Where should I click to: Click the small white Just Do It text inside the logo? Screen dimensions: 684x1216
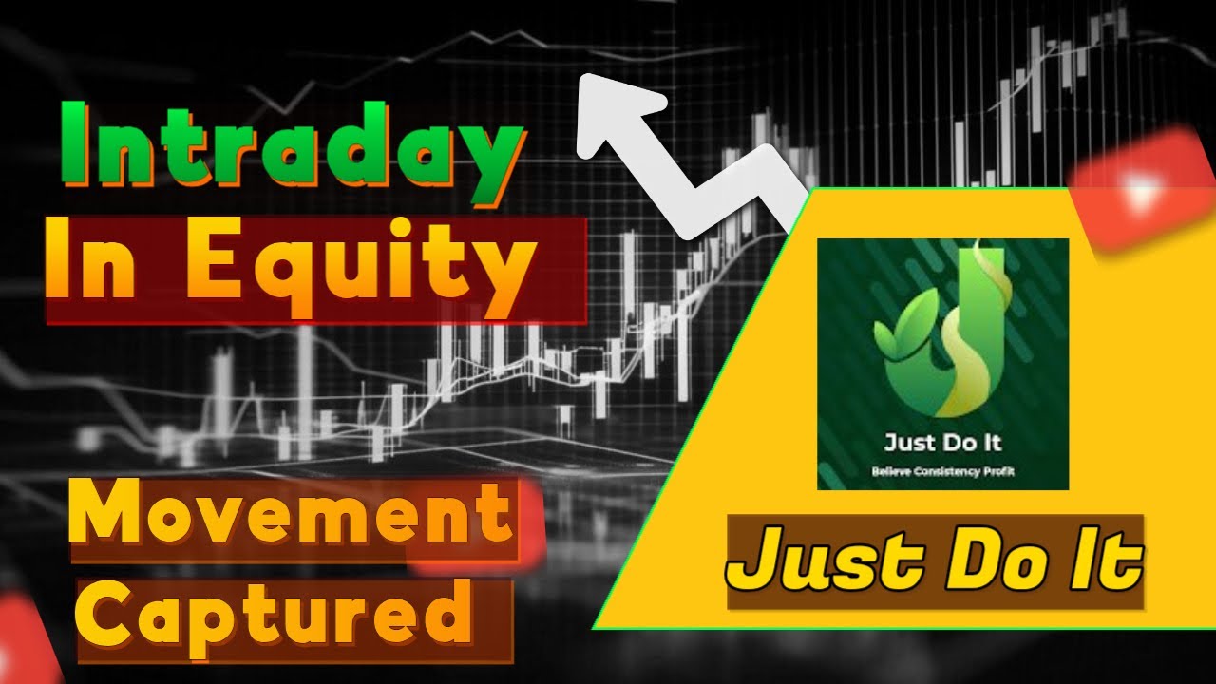[x=941, y=443]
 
